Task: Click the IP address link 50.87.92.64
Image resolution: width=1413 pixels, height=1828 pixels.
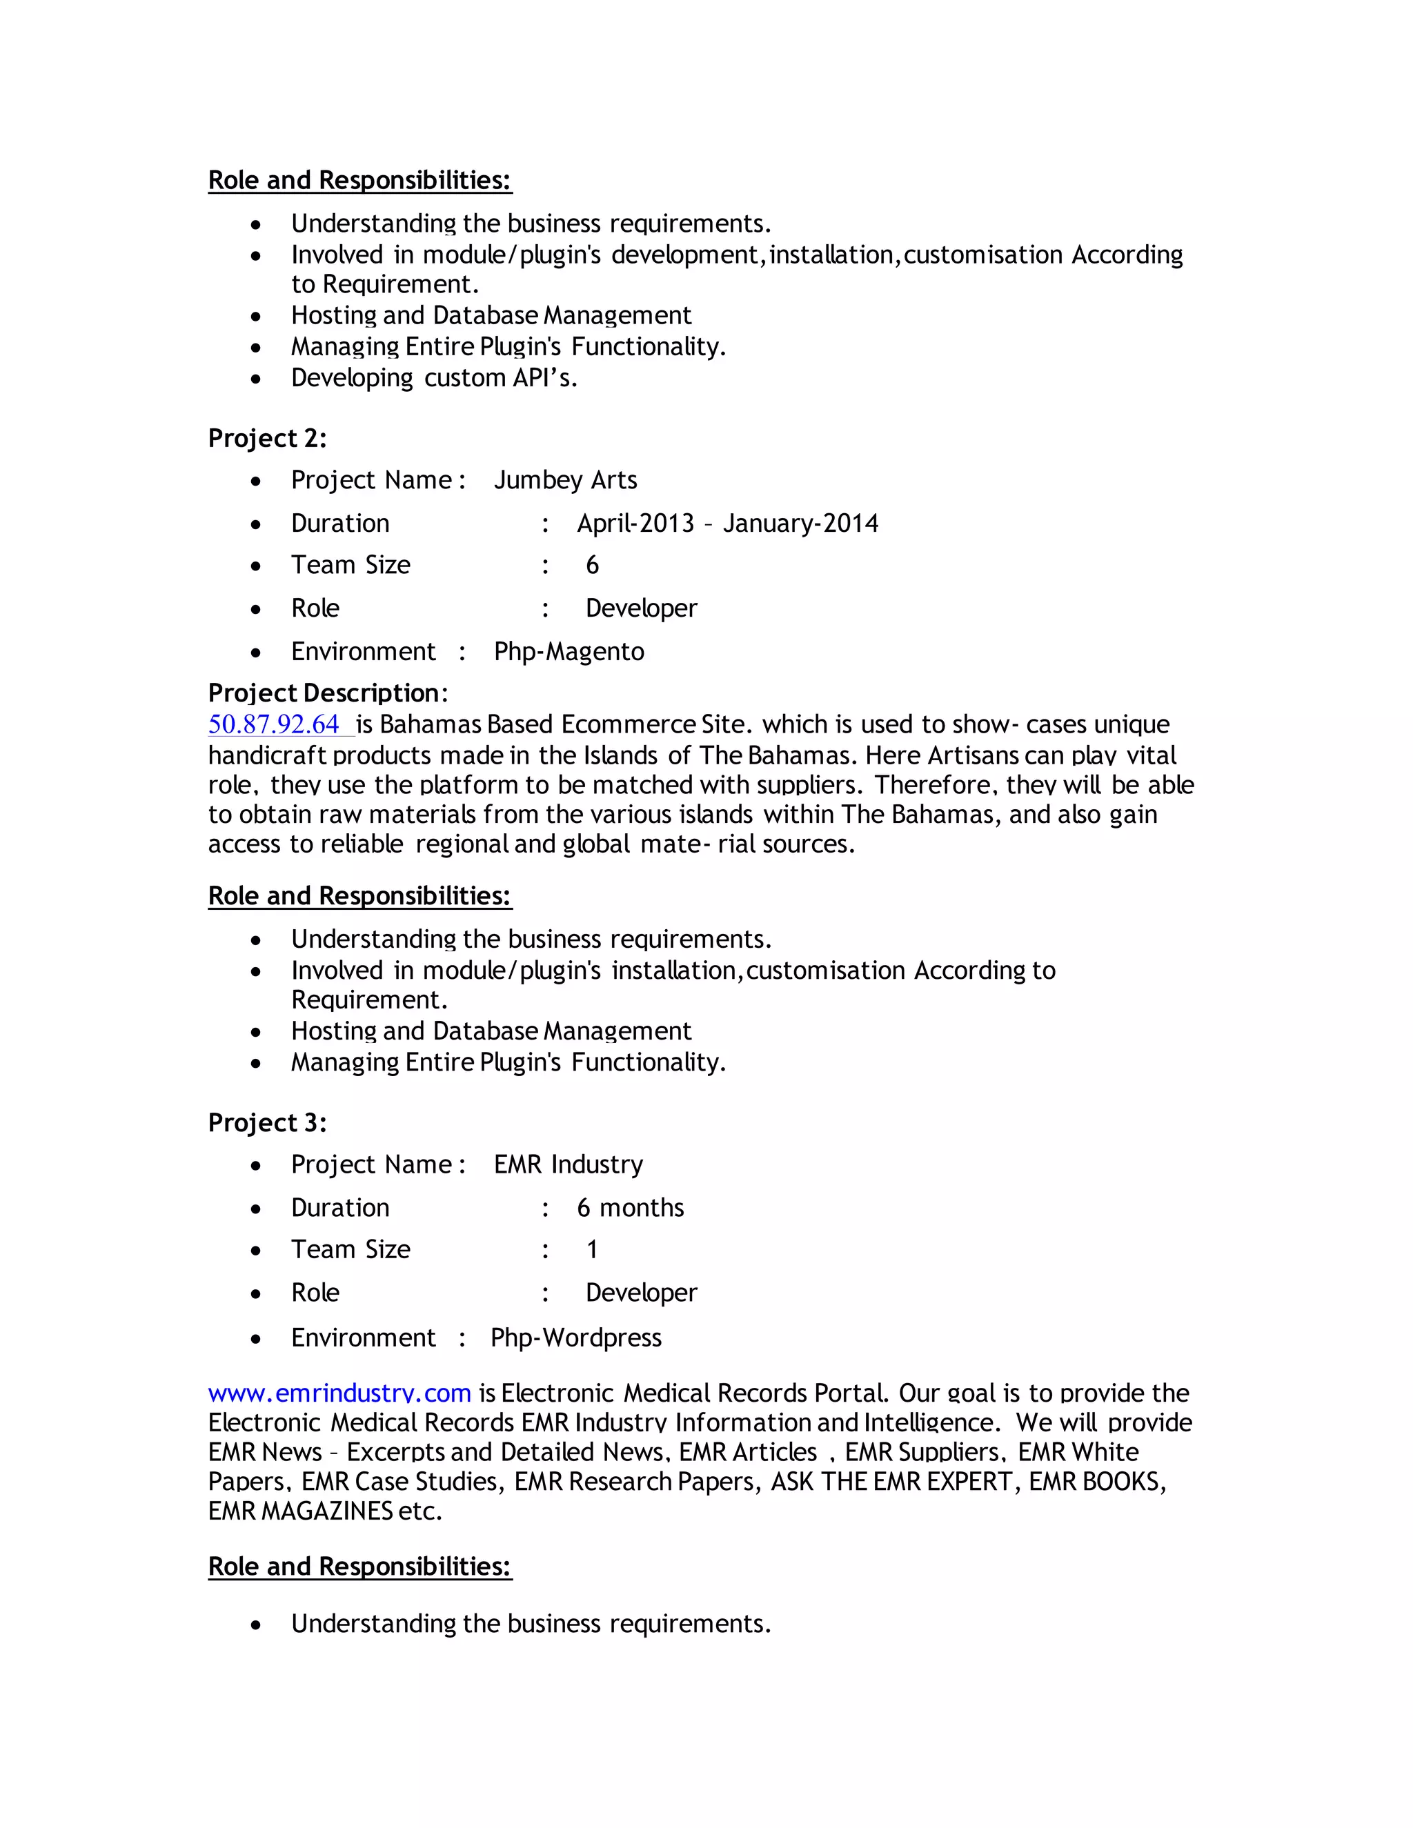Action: [274, 724]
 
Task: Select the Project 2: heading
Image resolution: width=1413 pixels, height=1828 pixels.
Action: [267, 438]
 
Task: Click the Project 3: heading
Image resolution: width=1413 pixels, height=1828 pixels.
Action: [267, 1122]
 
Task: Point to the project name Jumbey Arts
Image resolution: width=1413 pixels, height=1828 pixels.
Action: [565, 479]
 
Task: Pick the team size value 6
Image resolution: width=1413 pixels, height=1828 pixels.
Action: [592, 565]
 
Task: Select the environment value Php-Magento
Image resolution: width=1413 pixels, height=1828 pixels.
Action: [569, 651]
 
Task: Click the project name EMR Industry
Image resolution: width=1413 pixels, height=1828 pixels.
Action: [569, 1164]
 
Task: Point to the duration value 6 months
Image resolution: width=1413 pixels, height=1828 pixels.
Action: [631, 1208]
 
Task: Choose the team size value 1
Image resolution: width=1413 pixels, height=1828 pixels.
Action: [592, 1250]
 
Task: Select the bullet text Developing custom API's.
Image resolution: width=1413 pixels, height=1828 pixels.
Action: [435, 378]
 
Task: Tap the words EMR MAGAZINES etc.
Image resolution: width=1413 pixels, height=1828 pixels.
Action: [325, 1511]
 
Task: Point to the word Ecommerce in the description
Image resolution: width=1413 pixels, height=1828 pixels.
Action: [617, 724]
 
